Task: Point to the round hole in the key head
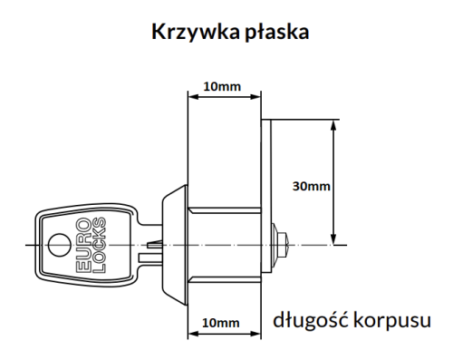[57, 244]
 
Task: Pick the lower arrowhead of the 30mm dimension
[334, 239]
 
